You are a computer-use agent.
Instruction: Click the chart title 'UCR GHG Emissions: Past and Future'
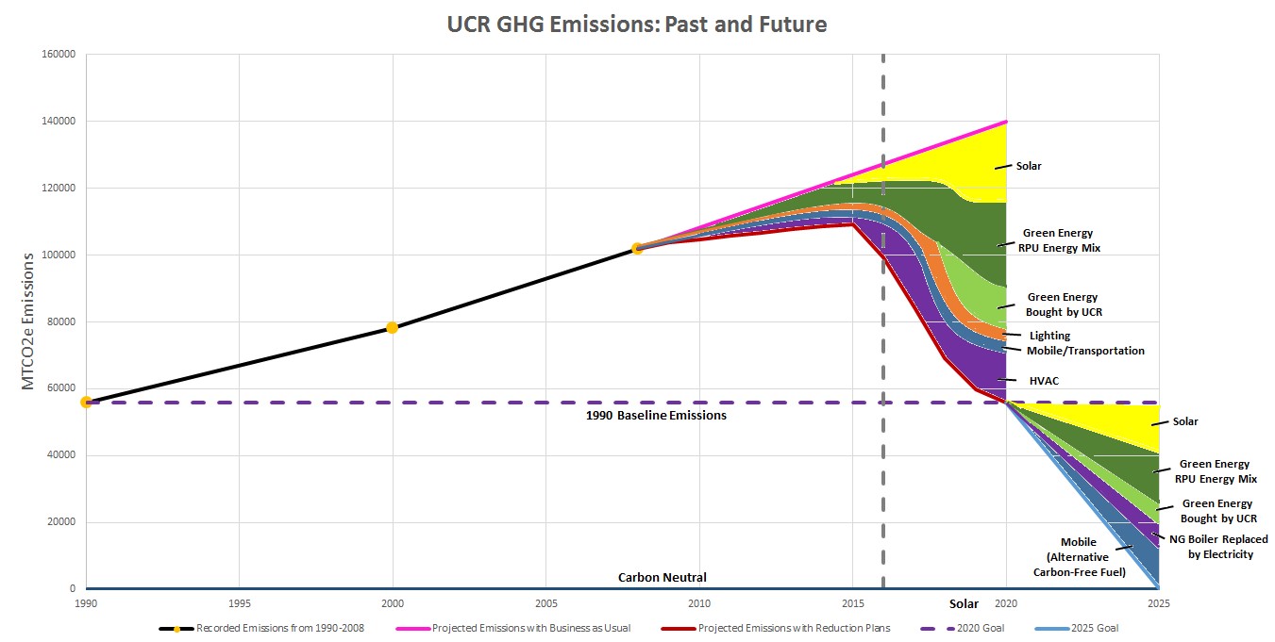[x=637, y=25]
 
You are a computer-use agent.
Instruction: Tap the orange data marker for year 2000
[x=392, y=328]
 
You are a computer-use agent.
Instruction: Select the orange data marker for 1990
[x=86, y=402]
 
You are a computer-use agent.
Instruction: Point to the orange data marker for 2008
[x=637, y=249]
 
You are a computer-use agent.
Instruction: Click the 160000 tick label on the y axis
[x=59, y=55]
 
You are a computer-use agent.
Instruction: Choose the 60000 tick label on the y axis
[x=61, y=388]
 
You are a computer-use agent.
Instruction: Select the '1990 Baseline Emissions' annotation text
[x=656, y=416]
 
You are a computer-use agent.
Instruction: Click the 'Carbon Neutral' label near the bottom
[x=662, y=577]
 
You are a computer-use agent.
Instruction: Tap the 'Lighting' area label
[x=1049, y=336]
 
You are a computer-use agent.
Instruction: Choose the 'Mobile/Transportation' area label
[x=1086, y=351]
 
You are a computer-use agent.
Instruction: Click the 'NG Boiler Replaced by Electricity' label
[x=1211, y=547]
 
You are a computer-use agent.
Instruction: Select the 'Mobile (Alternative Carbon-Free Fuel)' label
[x=1079, y=556]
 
